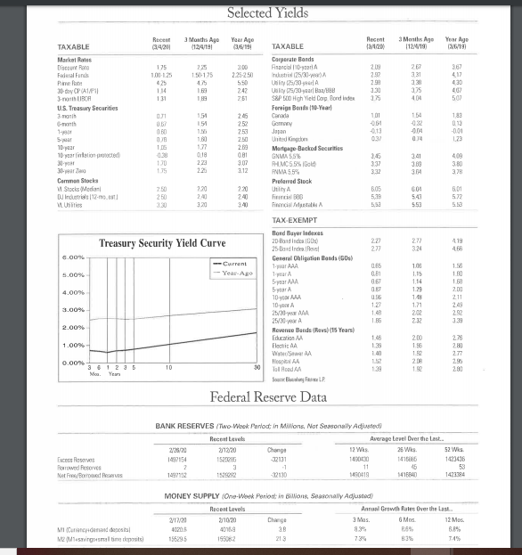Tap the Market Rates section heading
(75, 59)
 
